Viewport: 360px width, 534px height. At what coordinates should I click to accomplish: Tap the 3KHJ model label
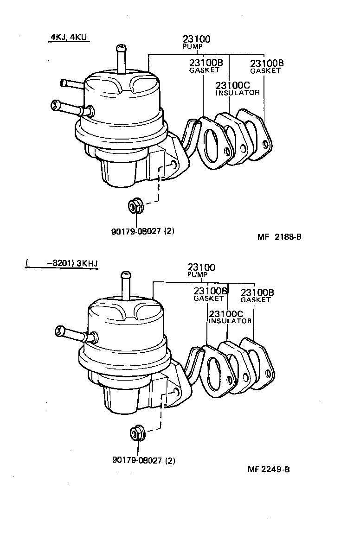[87, 264]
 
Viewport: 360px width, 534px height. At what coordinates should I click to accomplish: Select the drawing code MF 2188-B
[279, 237]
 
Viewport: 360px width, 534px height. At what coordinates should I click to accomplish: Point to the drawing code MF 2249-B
[269, 469]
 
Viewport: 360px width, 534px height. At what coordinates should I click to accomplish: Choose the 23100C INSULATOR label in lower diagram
[231, 317]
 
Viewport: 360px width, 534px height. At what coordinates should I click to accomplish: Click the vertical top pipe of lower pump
[125, 285]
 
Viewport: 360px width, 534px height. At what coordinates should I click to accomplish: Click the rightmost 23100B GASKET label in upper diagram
[266, 66]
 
